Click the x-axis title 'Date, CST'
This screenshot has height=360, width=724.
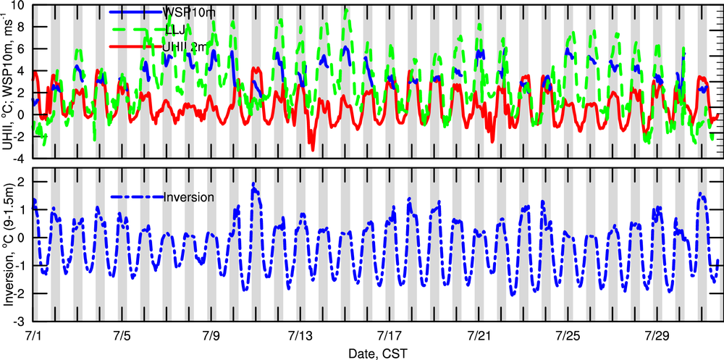click(x=378, y=352)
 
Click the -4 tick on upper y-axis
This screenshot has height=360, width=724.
click(x=20, y=158)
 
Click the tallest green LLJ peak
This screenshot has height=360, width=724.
click(x=346, y=9)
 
